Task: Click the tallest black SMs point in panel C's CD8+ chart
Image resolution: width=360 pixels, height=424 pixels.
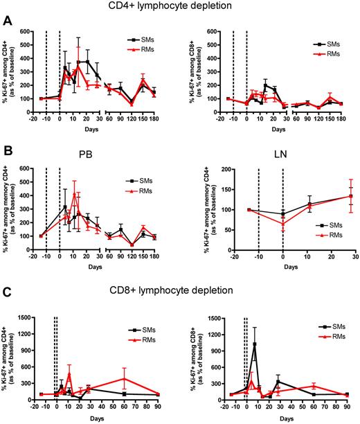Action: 255,344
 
